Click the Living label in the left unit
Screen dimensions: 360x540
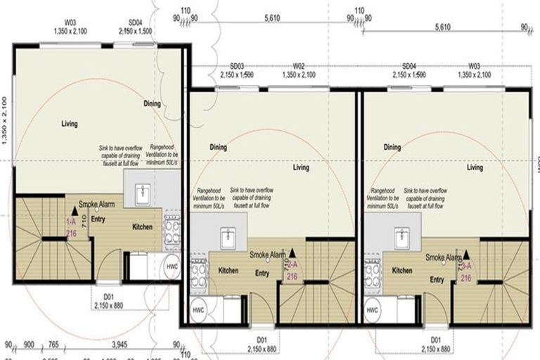69,124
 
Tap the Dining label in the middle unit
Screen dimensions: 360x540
218,147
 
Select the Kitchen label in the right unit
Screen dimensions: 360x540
402,271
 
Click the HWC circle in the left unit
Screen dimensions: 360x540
172,266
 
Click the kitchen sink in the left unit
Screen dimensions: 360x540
143,192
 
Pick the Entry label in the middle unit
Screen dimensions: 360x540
262,274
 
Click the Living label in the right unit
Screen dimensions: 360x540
475,167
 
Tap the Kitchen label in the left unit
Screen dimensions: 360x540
143,228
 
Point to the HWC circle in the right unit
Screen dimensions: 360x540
373,309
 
